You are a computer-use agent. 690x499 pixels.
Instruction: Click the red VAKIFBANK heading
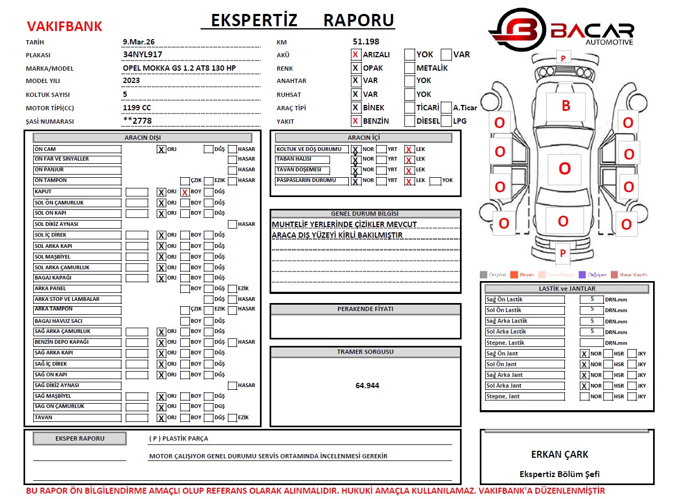[64, 26]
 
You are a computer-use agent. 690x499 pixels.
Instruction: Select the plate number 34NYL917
[142, 55]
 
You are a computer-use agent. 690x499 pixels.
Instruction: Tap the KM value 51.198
[366, 42]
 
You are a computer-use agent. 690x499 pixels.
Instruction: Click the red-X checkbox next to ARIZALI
[356, 55]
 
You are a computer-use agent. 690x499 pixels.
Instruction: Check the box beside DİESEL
[410, 121]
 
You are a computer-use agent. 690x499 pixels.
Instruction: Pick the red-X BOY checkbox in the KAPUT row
[185, 192]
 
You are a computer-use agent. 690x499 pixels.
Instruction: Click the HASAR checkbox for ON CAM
[232, 149]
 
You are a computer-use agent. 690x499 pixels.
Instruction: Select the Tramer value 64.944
[367, 385]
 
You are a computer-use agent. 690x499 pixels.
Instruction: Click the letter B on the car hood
[565, 106]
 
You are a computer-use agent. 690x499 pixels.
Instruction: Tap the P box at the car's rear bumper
[562, 253]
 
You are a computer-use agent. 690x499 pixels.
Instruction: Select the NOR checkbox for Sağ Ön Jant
[585, 354]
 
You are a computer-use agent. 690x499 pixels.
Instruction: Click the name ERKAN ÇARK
[559, 455]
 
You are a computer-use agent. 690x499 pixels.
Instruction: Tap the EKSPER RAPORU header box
[80, 438]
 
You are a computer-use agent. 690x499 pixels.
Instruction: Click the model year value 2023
[132, 81]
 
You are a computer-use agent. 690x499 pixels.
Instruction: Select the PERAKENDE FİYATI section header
[365, 309]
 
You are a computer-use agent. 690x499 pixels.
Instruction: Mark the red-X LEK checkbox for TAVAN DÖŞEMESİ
[409, 171]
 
